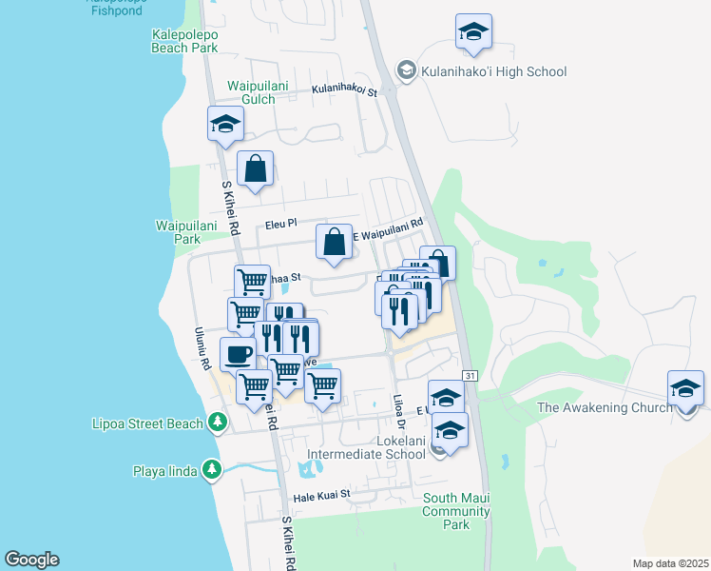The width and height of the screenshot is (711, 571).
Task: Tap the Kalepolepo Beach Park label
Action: (x=184, y=40)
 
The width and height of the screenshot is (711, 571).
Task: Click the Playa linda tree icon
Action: (x=211, y=469)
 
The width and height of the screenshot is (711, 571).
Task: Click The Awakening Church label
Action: (x=604, y=407)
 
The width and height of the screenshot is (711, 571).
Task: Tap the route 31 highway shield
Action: (x=471, y=377)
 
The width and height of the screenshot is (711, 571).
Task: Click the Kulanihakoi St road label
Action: (x=345, y=92)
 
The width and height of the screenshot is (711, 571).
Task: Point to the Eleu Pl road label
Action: (x=281, y=224)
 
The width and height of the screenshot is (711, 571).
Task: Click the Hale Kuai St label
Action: (x=322, y=495)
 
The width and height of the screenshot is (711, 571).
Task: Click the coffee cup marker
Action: (x=238, y=354)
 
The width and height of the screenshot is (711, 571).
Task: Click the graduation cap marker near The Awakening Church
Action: (x=685, y=389)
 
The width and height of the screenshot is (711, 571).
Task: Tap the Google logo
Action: (x=31, y=560)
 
